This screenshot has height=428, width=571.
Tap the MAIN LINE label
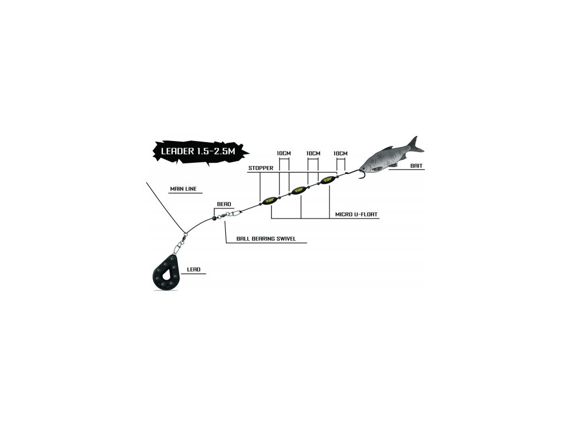(183, 189)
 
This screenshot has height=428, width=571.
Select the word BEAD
(224, 205)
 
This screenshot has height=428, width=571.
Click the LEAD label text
(193, 270)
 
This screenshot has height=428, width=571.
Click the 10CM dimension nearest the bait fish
(340, 153)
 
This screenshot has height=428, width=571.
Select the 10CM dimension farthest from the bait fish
(284, 153)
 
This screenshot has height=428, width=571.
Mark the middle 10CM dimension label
(313, 153)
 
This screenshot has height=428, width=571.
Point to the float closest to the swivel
(270, 200)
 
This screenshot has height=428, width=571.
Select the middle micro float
(300, 190)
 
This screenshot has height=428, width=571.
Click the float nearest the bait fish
(326, 180)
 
